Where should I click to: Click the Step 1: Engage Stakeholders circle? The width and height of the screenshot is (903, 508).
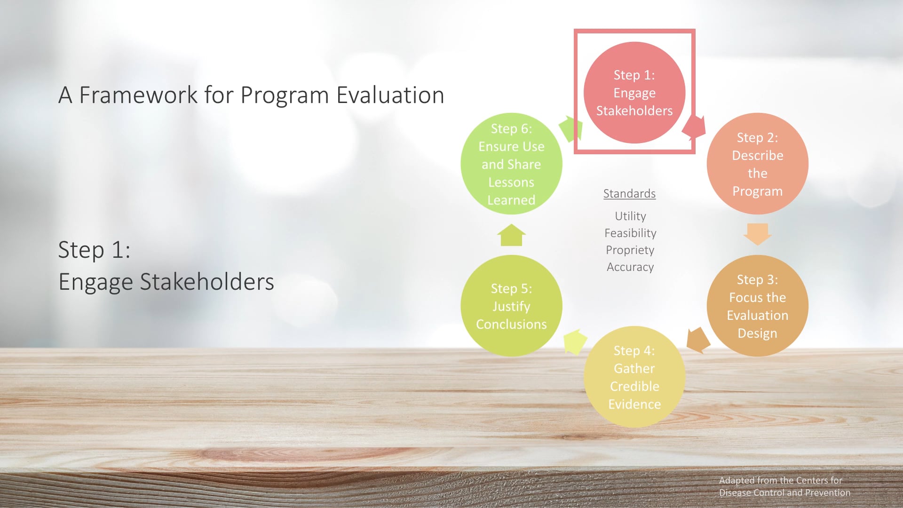point(634,93)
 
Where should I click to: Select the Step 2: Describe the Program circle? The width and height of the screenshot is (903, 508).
point(757,164)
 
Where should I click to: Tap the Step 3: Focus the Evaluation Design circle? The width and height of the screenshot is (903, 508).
point(757,306)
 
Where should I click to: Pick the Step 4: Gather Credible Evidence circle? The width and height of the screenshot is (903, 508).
point(634,377)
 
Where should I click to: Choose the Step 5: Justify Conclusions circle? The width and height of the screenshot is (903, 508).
point(511,306)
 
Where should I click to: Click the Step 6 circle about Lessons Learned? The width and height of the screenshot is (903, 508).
point(511,164)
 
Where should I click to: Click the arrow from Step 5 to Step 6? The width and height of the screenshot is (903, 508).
point(511,235)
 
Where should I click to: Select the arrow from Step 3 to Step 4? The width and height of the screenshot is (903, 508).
point(697,340)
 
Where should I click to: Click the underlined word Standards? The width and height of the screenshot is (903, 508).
point(629,193)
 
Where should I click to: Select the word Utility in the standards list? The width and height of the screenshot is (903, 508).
point(630,216)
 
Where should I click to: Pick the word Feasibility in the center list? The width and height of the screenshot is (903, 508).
point(630,233)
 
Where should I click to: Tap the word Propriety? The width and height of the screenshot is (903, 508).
point(630,250)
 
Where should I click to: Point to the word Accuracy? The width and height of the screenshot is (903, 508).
point(630,267)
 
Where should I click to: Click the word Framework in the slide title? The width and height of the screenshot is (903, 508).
point(138,95)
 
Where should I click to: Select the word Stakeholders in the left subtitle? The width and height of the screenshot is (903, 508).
point(207,282)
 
